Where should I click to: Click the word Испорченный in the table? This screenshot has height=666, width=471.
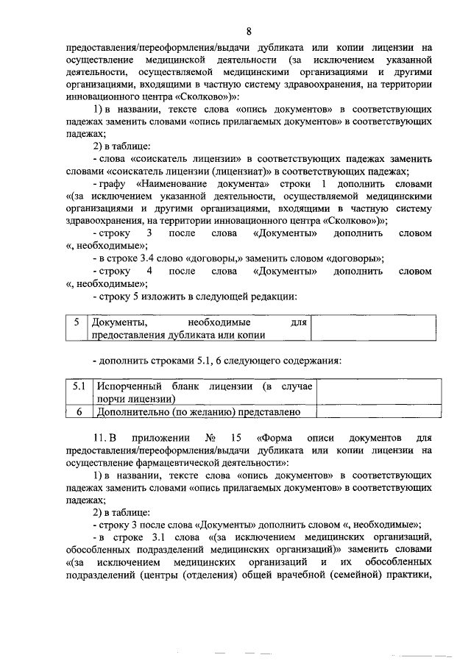click(x=124, y=386)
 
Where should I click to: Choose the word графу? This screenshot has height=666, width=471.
click(x=113, y=183)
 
